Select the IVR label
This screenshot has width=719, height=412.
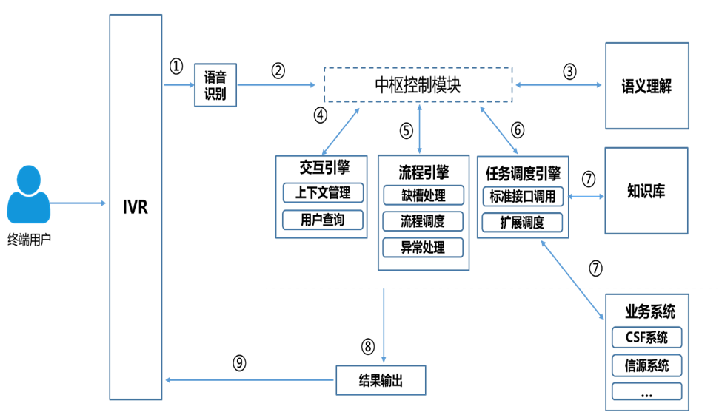click(x=136, y=206)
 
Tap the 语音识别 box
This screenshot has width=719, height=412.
click(x=215, y=86)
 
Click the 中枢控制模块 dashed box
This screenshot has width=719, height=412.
click(x=418, y=84)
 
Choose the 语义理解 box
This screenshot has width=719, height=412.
click(x=646, y=86)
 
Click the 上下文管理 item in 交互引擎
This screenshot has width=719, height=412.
click(x=323, y=193)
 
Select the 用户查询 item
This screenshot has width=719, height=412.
click(x=323, y=220)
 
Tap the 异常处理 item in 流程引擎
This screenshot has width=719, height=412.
click(x=423, y=247)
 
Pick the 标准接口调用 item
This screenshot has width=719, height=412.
click(x=523, y=196)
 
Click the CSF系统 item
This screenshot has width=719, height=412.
click(x=646, y=338)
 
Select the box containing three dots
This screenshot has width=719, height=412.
click(x=646, y=393)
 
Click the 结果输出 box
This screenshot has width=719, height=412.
click(x=381, y=380)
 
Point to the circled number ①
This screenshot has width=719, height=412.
click(x=175, y=67)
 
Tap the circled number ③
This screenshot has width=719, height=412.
click(x=569, y=71)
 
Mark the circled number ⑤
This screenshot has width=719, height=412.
click(x=406, y=131)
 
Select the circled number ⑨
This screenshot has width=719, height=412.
click(x=239, y=363)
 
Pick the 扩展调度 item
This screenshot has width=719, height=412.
click(x=523, y=223)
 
